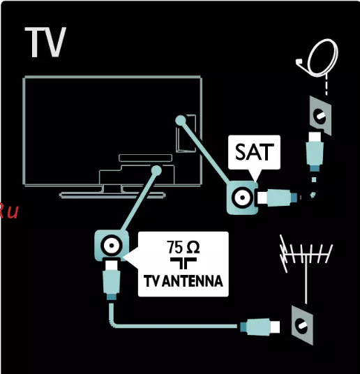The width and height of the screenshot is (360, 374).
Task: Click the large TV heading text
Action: [x=45, y=42]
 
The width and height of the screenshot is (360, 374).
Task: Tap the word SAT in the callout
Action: [x=253, y=152]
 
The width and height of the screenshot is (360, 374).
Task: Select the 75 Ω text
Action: [x=183, y=247]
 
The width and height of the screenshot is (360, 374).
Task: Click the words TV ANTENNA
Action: [x=183, y=281]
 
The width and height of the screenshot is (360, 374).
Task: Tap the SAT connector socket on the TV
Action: [x=242, y=197]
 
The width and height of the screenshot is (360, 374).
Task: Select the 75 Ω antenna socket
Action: [x=112, y=246]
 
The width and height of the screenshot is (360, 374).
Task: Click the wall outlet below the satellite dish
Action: [x=320, y=116]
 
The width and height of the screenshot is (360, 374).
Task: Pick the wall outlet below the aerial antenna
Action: [x=302, y=325]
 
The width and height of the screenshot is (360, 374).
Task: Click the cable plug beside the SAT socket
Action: [x=277, y=197]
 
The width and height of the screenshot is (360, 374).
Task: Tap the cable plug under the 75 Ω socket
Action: [x=112, y=280]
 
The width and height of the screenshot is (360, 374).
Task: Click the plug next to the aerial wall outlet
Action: [x=260, y=327]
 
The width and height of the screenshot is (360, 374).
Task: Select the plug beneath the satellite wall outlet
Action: [x=315, y=151]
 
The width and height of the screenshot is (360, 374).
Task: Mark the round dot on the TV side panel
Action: [x=181, y=120]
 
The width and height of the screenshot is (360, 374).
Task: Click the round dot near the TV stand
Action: [x=156, y=170]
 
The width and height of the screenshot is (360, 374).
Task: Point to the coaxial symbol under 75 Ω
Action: [x=183, y=263]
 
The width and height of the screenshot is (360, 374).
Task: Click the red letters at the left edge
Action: [x=9, y=211]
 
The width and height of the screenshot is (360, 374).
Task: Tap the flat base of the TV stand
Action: [x=112, y=195]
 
